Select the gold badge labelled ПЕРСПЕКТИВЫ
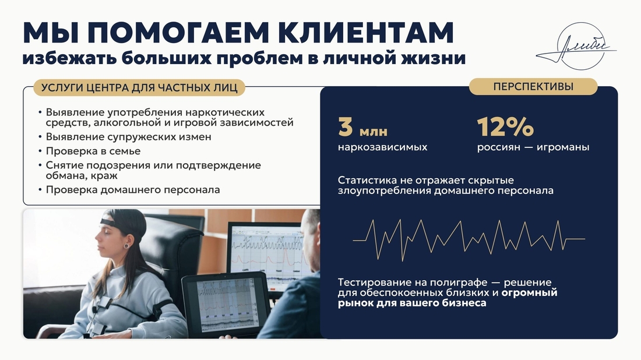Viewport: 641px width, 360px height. (533, 87)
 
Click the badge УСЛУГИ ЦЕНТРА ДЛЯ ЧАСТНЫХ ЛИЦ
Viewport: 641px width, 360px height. (139, 88)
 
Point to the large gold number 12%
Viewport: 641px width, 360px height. (505, 126)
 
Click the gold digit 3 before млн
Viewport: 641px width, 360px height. (346, 126)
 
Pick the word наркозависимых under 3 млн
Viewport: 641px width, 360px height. (383, 147)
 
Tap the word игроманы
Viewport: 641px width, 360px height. (563, 147)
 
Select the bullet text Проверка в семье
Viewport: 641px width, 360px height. (93, 151)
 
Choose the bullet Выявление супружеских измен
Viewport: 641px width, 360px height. (128, 137)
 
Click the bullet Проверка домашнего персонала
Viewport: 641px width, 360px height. (133, 190)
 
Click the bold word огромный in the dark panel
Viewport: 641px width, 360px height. (529, 293)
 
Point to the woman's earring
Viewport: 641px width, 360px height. (126, 246)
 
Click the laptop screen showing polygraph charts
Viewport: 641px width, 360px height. (227, 305)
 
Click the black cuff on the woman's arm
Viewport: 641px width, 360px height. (161, 309)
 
